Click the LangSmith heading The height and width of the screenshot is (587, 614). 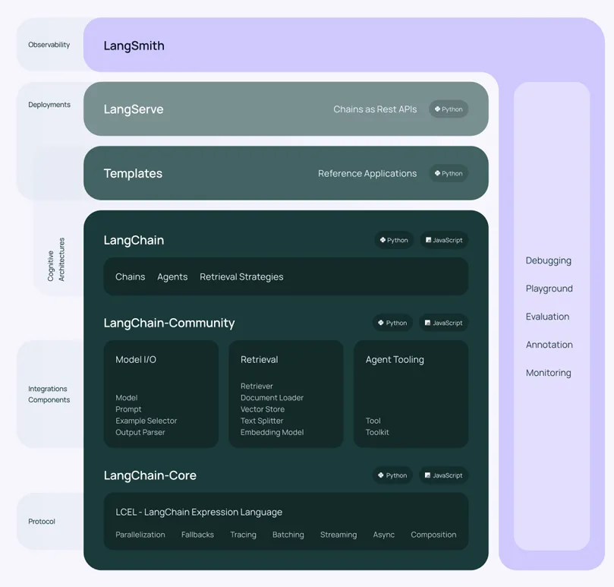coord(134,46)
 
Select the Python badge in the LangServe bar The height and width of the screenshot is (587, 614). coord(449,109)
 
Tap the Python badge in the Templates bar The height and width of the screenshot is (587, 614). coord(449,173)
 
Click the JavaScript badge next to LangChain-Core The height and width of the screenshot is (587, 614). coord(444,475)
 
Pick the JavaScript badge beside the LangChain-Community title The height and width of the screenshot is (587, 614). coord(444,323)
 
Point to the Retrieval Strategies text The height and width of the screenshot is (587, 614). coord(241,277)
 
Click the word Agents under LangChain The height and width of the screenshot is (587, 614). coord(172,277)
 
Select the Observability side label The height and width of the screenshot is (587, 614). coord(49,45)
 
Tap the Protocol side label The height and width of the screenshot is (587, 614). coord(42,522)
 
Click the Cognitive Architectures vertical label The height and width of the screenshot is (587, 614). coord(56,260)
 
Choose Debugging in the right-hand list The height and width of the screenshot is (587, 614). coord(548,260)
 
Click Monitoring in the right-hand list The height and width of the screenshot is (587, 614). coord(548,373)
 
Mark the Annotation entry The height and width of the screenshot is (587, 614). coord(549,345)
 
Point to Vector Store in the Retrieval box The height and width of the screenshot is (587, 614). coord(263,409)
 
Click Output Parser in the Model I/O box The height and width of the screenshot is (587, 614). coord(140,432)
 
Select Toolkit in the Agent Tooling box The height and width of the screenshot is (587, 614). coord(377,432)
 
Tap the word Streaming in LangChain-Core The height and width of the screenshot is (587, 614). coord(338,535)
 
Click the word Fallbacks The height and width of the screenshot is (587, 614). coord(197,535)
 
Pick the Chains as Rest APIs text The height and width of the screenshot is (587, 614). coord(375,109)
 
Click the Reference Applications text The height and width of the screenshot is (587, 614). coord(367,173)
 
